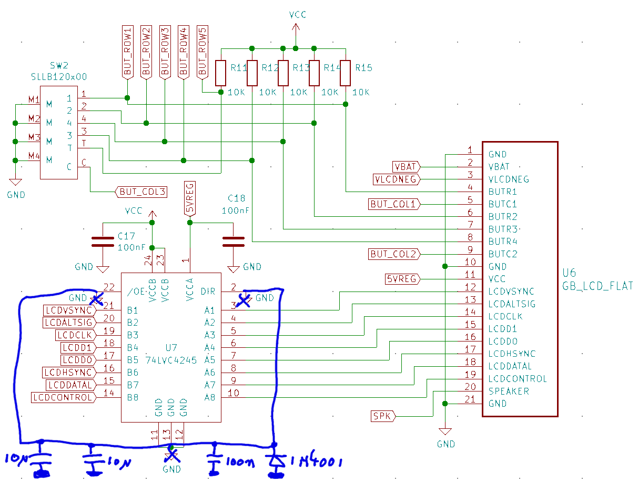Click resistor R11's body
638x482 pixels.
point(221,73)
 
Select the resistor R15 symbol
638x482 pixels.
point(345,73)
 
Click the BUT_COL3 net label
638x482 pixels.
point(140,192)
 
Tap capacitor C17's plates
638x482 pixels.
point(103,242)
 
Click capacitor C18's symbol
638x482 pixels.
point(234,242)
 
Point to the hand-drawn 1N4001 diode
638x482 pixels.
point(275,461)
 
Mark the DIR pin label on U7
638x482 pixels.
point(208,291)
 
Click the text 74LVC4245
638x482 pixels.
point(171,360)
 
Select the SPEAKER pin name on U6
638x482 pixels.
point(509,391)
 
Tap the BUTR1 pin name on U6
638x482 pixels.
point(502,192)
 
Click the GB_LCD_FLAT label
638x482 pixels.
point(597,286)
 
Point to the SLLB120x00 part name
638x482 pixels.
point(59,76)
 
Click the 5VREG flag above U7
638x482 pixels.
point(190,198)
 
